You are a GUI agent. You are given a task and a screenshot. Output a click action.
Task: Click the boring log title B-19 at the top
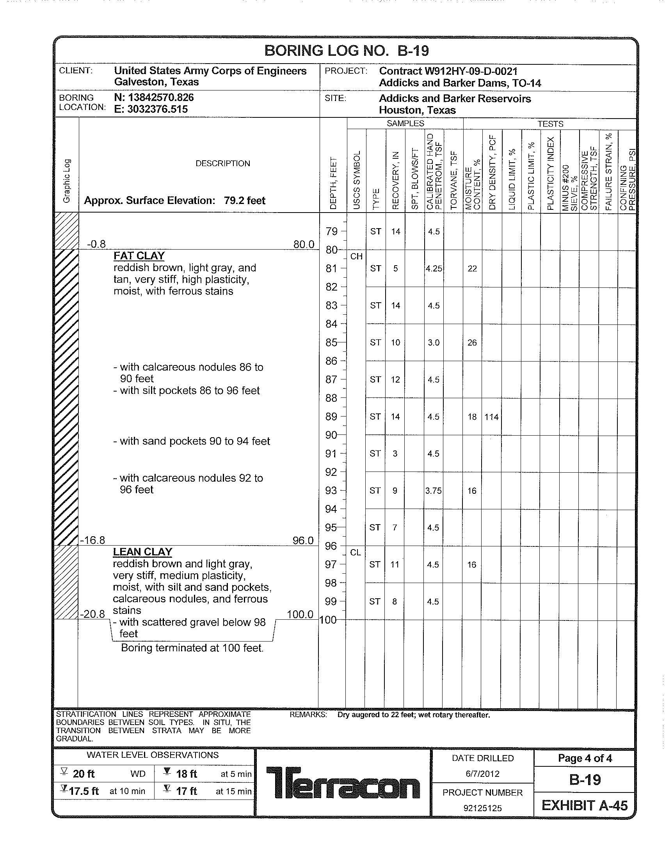click(x=346, y=51)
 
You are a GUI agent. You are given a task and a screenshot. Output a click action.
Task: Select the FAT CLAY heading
click(x=139, y=256)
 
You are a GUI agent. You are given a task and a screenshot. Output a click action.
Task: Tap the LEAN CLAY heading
click(x=142, y=552)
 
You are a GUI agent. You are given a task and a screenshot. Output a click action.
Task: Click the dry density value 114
click(x=491, y=417)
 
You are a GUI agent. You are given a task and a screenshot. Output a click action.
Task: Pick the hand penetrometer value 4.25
click(x=434, y=269)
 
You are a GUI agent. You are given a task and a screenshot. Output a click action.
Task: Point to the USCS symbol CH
click(x=356, y=257)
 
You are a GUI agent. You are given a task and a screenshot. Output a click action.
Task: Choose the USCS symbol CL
click(x=355, y=553)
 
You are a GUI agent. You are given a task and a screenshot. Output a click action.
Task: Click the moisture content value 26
click(x=472, y=342)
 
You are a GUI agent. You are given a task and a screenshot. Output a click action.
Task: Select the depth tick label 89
click(x=331, y=417)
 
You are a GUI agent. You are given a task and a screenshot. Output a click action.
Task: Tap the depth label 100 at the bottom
click(x=328, y=620)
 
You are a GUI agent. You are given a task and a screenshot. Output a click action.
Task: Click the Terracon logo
click(x=343, y=783)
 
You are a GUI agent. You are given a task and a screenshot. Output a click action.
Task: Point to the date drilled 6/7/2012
click(x=482, y=774)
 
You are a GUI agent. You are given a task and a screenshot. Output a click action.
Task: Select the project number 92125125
click(x=482, y=808)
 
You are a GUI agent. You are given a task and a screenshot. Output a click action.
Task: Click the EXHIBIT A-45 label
click(x=585, y=806)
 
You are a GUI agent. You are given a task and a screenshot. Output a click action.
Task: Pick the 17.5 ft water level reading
click(x=84, y=791)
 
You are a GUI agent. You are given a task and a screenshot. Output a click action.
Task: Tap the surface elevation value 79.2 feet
click(x=244, y=201)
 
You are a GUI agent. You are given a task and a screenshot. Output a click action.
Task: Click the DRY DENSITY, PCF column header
click(x=492, y=173)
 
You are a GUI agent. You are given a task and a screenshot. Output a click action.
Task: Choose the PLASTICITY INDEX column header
click(x=550, y=173)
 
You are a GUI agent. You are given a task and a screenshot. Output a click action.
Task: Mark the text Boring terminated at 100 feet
click(x=192, y=648)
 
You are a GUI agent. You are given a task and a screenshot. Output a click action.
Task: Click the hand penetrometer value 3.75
click(x=433, y=491)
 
